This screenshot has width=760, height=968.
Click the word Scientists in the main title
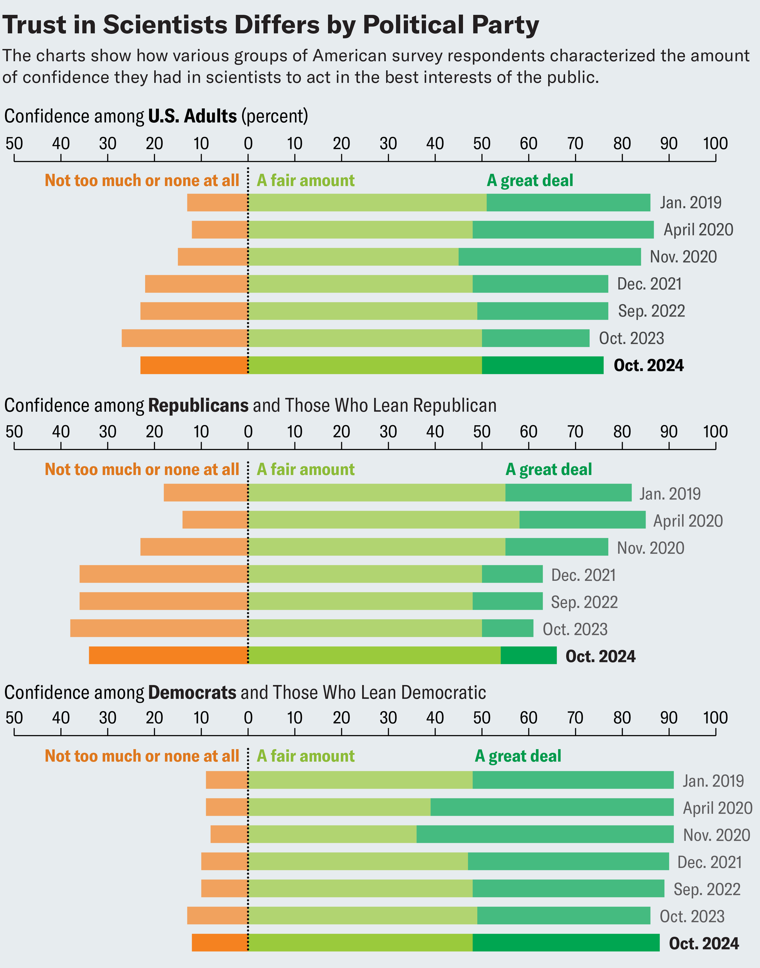tap(166, 25)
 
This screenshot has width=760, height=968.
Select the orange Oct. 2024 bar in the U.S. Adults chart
tap(194, 365)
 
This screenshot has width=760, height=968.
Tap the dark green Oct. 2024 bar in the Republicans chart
tap(528, 655)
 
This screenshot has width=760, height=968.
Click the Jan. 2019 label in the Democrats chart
tap(713, 781)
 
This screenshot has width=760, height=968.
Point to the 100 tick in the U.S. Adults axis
tap(715, 144)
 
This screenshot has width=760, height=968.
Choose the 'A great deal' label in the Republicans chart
tap(548, 469)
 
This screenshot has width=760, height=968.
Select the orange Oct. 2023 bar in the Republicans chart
tap(159, 628)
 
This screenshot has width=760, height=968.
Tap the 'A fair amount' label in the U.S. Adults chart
tap(306, 181)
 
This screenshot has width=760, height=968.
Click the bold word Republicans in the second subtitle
tap(198, 406)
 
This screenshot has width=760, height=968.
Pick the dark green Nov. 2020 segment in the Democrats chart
tap(545, 835)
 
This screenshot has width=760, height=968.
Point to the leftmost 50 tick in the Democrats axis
tap(14, 718)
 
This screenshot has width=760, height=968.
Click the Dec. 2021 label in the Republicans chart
tap(583, 575)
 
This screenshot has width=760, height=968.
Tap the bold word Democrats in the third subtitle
tap(192, 692)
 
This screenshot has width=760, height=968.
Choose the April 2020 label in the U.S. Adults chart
tap(698, 230)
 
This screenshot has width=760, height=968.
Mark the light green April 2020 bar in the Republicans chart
tap(383, 520)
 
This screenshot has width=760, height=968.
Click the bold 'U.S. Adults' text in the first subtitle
tap(192, 116)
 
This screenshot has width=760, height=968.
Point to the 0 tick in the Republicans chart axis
tap(248, 432)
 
